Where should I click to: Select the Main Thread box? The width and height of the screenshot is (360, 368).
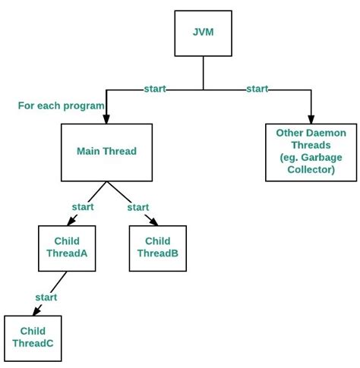(x=106, y=151)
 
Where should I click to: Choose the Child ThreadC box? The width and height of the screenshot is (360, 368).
(x=33, y=337)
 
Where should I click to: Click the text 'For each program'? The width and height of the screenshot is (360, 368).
(x=61, y=105)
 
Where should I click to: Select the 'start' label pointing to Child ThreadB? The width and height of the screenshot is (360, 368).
(x=138, y=206)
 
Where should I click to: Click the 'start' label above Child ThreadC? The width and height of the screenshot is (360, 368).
(x=46, y=297)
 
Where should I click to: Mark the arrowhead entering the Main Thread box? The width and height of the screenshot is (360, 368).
(x=106, y=119)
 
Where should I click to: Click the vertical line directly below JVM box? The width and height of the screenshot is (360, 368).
(x=203, y=74)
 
